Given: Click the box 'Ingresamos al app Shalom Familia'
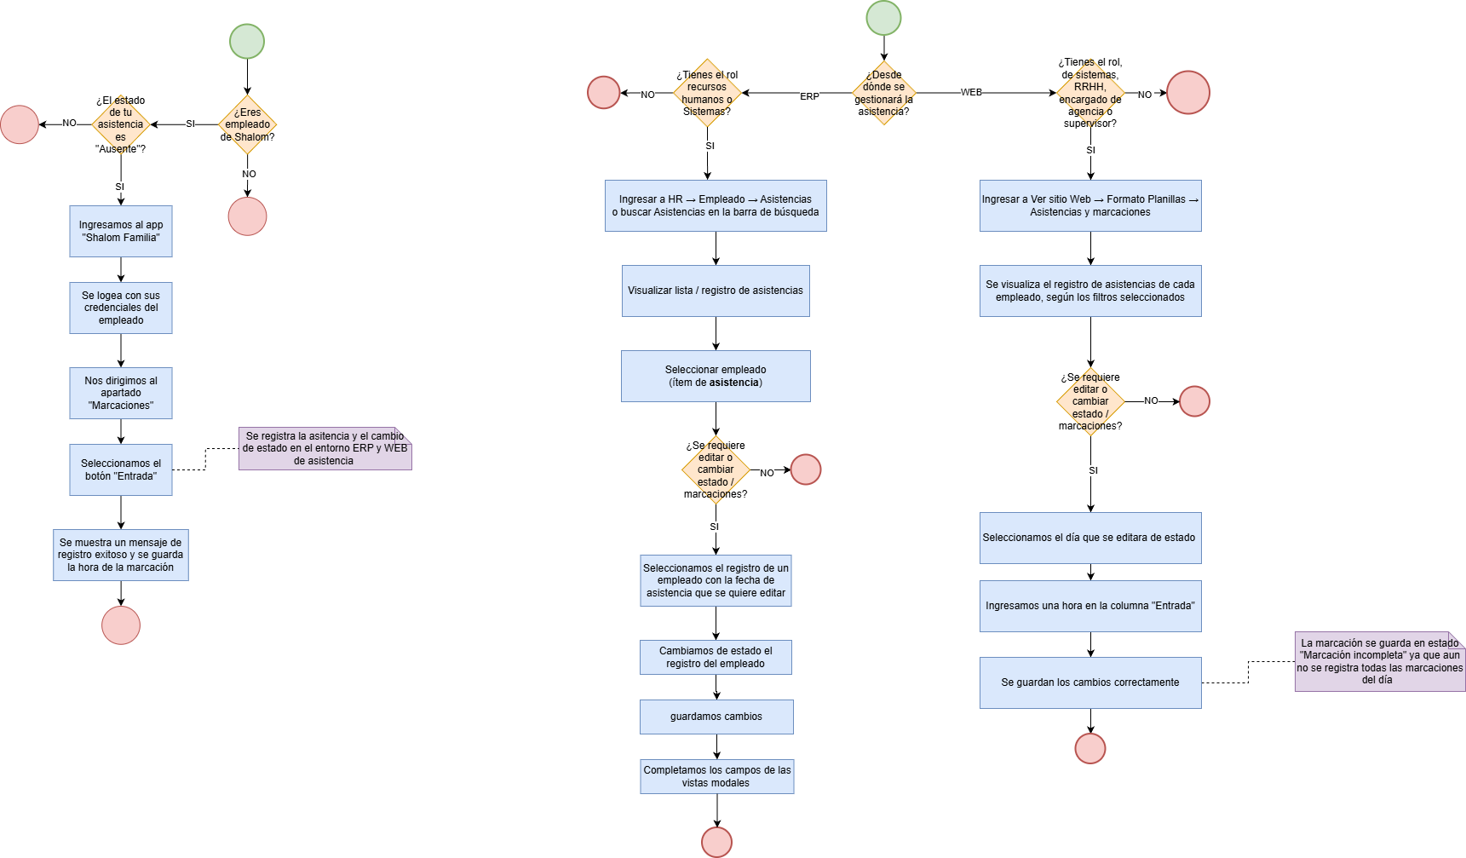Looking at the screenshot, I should (x=121, y=231).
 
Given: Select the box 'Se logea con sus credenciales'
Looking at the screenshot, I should (x=121, y=308).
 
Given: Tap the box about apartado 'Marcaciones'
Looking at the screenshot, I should (x=121, y=393).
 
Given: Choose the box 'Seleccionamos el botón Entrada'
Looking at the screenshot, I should (x=121, y=469).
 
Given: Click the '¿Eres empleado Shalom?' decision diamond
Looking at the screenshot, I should (x=247, y=124).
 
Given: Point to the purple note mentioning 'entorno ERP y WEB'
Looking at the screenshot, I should (x=325, y=448).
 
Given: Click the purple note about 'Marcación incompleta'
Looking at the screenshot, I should (x=1380, y=661).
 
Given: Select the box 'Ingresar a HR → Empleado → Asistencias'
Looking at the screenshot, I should (x=716, y=205).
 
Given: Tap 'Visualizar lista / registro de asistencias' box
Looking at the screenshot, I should (x=716, y=291).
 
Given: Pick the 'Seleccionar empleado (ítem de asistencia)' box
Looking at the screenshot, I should (x=716, y=376).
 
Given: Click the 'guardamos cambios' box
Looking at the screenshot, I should (x=716, y=717).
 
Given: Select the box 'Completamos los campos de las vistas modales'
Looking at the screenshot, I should (x=716, y=776).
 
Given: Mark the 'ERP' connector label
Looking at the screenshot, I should (x=809, y=97).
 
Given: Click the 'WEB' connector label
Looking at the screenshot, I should (x=971, y=92).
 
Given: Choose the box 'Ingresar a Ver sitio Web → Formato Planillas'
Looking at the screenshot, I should (x=1090, y=205).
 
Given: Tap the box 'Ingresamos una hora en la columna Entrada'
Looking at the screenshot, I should (x=1090, y=606).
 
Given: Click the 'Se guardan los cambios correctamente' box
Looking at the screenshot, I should (x=1090, y=682).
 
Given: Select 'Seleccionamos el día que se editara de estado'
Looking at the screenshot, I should (x=1090, y=538).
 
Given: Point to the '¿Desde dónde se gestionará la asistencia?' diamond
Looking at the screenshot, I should (x=883, y=93).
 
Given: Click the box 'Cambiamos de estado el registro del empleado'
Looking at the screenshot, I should (x=716, y=657).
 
